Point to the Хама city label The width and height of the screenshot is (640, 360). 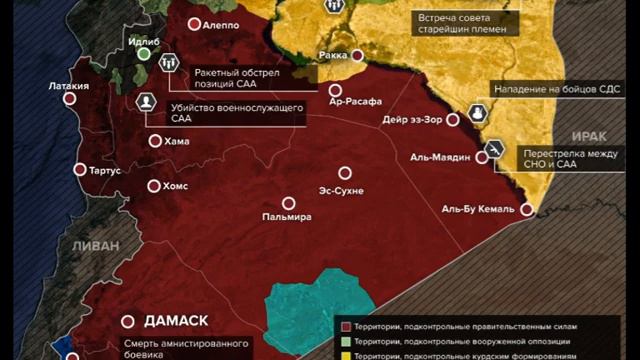(x=176, y=141)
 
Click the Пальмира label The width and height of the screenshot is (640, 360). (x=286, y=216)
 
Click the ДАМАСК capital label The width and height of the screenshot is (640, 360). (x=176, y=321)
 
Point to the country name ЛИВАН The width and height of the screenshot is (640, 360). (x=88, y=245)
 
